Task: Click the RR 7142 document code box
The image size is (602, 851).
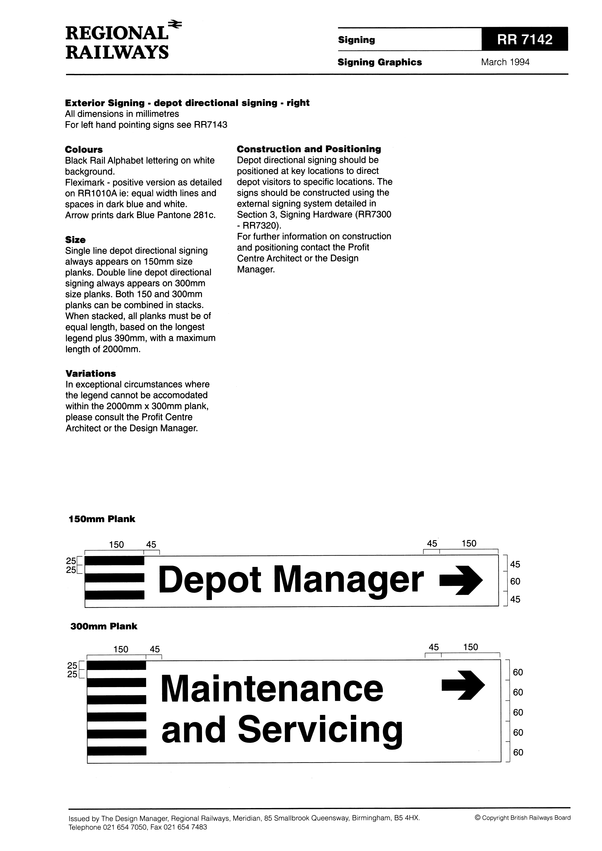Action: tap(525, 39)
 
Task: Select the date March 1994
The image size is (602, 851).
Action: tap(505, 62)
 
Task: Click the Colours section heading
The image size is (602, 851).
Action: tap(84, 150)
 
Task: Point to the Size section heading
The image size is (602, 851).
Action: tap(75, 240)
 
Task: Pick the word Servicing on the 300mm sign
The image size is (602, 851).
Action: tap(320, 730)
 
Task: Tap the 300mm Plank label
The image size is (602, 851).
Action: tap(104, 626)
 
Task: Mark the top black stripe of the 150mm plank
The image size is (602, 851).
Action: tap(115, 561)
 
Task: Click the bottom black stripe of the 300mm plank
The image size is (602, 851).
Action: tap(117, 751)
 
